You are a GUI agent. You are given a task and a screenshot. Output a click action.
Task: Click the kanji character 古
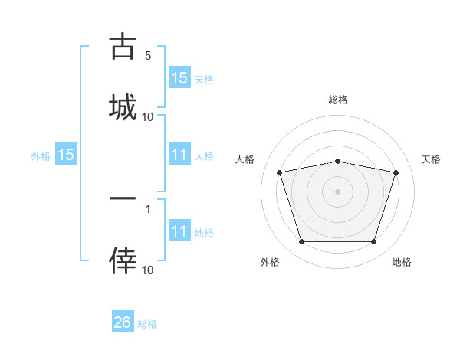pos(122,47)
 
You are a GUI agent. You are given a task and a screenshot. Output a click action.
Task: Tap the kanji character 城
pos(122,106)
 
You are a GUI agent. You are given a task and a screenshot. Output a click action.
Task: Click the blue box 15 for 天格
pos(179,77)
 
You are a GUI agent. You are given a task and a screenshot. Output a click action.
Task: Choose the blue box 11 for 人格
pos(179,155)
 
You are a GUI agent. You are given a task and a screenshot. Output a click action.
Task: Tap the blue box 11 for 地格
pos(179,231)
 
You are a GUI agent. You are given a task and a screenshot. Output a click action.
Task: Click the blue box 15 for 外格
pos(66,155)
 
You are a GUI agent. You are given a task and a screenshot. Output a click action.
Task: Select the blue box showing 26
pos(123,322)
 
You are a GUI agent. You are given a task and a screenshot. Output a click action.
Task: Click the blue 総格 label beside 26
pos(147,324)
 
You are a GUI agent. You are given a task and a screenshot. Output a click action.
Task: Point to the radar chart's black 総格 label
pos(338,100)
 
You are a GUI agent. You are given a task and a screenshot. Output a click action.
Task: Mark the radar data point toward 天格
pos(396,172)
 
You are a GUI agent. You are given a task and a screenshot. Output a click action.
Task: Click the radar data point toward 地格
pos(373,242)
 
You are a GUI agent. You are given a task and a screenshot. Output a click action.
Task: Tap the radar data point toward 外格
pos(301,242)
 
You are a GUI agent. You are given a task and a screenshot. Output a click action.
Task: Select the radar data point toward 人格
pos(279,172)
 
